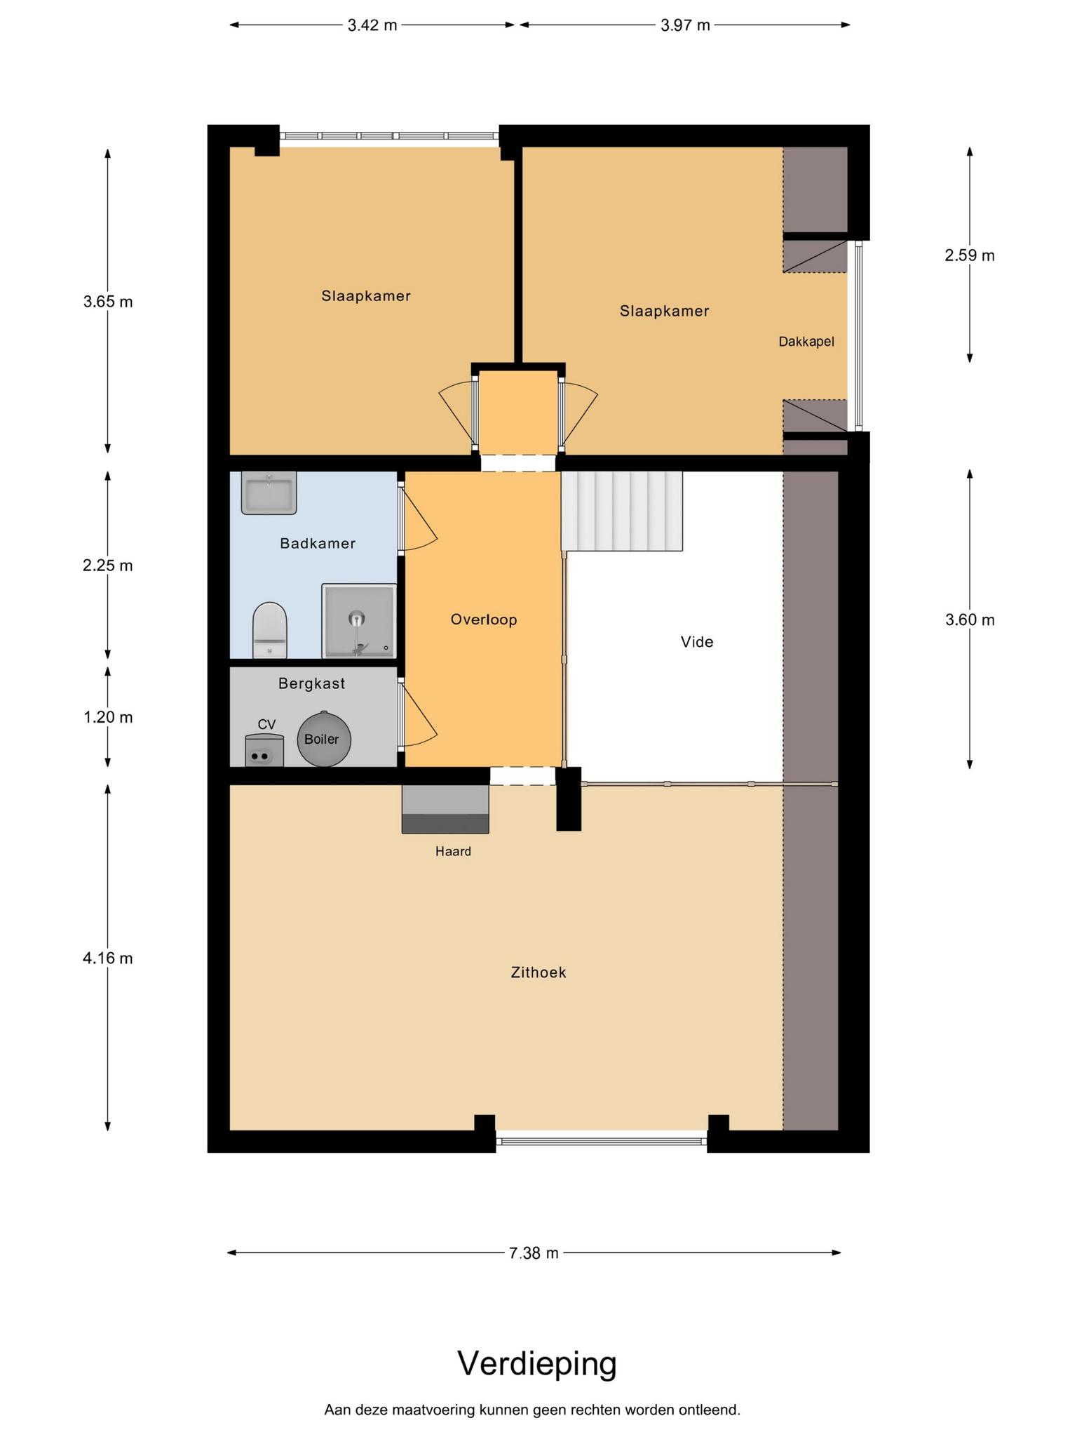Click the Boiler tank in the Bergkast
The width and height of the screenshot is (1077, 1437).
point(323,739)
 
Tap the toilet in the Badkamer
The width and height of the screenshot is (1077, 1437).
point(270,629)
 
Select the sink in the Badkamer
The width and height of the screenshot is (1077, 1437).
point(269,493)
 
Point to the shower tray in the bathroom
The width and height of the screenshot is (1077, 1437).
point(359,621)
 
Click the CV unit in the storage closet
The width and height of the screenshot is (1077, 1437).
point(264,750)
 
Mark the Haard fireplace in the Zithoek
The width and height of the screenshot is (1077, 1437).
point(445,809)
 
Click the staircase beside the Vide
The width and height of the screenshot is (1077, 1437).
point(622,512)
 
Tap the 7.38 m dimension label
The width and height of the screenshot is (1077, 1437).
point(534,1253)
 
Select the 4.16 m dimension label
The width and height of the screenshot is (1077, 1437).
point(108,958)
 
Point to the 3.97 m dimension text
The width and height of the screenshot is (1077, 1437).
point(685,25)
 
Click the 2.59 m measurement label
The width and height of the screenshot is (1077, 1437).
point(970,255)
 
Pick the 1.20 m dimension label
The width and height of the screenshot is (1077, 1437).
point(108,717)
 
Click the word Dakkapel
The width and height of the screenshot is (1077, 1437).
point(806,342)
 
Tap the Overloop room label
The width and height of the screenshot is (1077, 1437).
point(484,620)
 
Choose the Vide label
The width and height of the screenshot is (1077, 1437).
point(697,641)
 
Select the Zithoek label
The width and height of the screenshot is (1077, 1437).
point(538,973)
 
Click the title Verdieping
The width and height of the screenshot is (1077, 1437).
point(537,1363)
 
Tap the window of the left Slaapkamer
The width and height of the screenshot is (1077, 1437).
point(389,136)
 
